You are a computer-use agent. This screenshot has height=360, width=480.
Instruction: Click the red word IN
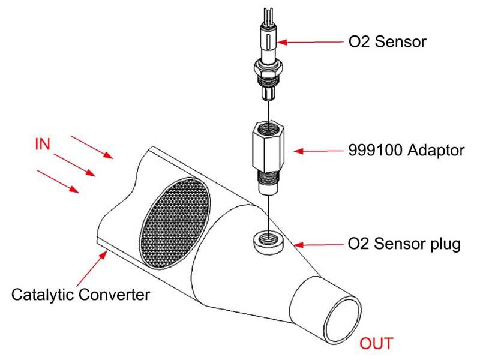[x=43, y=144]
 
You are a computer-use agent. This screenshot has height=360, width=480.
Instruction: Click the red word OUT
[x=376, y=343]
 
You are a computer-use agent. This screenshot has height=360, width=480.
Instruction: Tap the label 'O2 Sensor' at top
[x=387, y=42]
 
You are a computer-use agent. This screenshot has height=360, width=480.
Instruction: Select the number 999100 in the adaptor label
[x=376, y=151]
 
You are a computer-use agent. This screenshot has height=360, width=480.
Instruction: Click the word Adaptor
[x=436, y=151]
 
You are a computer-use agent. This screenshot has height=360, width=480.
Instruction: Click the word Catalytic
[x=43, y=295]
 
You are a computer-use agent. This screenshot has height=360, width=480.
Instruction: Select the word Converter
[x=114, y=295]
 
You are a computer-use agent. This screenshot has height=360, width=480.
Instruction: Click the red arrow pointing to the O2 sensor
[x=310, y=42]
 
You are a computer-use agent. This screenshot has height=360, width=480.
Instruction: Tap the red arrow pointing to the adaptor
[x=319, y=151]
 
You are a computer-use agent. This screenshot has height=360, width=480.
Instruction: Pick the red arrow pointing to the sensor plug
[x=319, y=245]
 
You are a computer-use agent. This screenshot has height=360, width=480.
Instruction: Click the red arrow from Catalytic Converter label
[x=92, y=268]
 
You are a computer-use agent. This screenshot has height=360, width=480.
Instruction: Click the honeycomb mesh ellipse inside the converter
[x=175, y=224]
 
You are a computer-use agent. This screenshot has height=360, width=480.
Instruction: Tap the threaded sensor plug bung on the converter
[x=268, y=241]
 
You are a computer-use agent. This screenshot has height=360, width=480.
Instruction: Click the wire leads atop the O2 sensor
[x=268, y=16]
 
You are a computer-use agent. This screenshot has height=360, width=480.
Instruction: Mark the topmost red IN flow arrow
[x=92, y=147]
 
